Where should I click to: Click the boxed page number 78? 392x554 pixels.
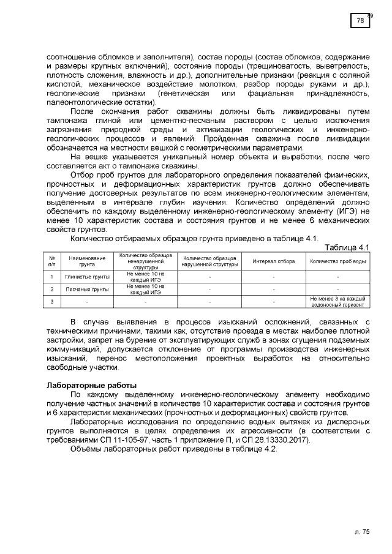(360, 21)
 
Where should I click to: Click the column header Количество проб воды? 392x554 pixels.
(338, 261)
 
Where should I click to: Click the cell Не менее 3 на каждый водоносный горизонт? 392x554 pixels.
(338, 301)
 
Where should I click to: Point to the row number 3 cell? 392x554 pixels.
(52, 301)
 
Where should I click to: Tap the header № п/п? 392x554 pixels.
(52, 261)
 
